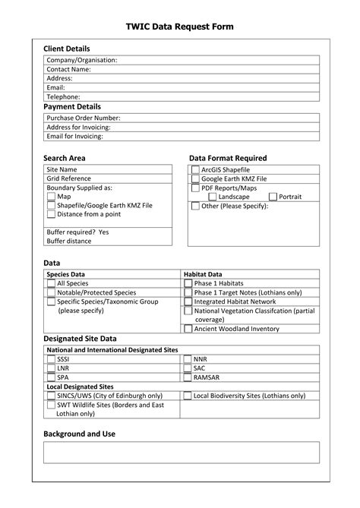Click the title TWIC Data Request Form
(179, 27)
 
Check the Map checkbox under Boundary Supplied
(51, 196)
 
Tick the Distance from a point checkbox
(51, 214)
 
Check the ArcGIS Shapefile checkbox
(195, 169)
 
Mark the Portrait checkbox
(273, 197)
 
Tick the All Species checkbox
(51, 283)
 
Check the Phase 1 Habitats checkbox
(188, 283)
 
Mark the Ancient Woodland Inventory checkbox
(188, 329)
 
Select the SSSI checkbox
(51, 359)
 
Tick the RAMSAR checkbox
(188, 377)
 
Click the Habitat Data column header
(203, 273)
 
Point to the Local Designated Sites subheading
(81, 387)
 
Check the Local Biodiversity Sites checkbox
(188, 396)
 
